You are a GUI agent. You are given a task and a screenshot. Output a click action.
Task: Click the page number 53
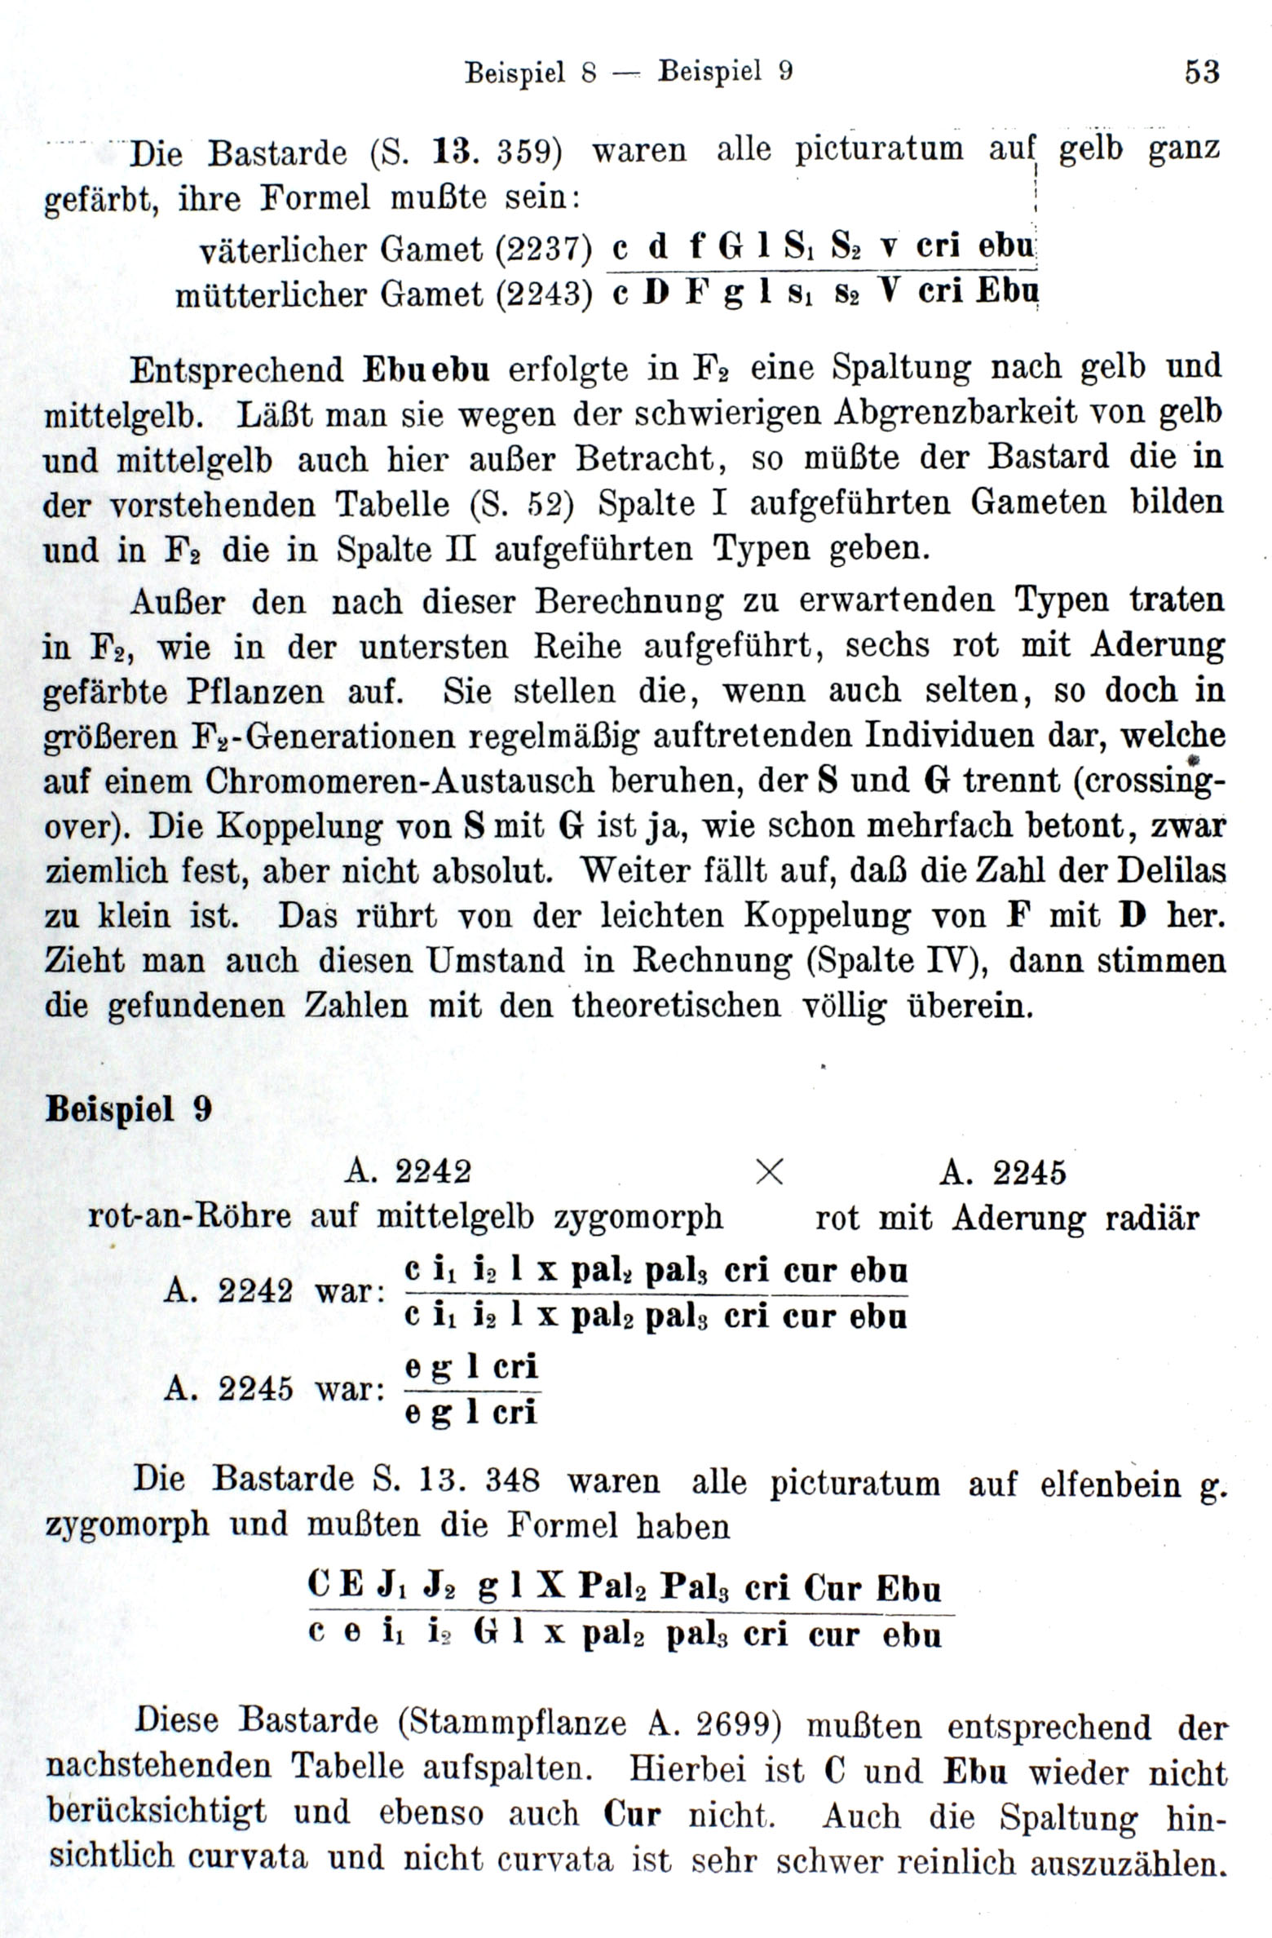pos(1202,73)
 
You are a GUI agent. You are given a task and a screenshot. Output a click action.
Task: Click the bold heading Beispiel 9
pos(129,1110)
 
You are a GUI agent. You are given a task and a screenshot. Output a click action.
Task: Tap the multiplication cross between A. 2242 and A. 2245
pos(770,1173)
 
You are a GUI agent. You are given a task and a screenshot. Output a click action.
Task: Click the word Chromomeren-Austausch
pos(400,781)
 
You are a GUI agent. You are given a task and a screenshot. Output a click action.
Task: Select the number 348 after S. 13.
pos(512,1479)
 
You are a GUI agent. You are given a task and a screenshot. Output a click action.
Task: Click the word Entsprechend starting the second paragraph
pos(237,369)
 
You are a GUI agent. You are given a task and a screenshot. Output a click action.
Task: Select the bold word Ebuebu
pos(425,369)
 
